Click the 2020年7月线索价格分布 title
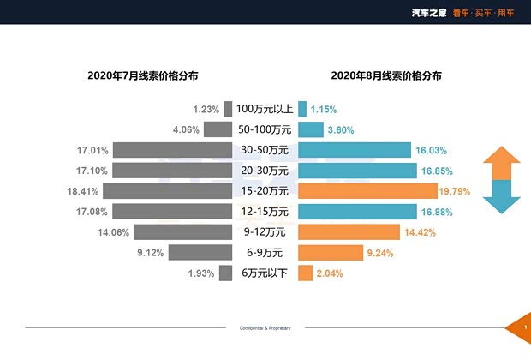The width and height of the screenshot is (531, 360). [142, 75]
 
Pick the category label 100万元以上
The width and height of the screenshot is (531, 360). [265, 109]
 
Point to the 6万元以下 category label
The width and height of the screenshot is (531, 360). [265, 273]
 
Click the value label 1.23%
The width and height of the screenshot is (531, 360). [206, 110]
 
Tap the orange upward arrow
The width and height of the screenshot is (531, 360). [501, 162]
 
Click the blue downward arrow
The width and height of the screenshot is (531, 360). [501, 199]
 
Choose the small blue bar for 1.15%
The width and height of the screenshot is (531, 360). [302, 109]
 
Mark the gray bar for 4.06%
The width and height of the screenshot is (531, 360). [218, 130]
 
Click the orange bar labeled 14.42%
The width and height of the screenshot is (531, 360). [349, 232]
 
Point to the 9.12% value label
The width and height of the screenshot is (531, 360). [151, 253]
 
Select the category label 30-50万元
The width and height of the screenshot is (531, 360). [265, 150]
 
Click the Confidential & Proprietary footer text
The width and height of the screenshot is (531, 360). [265, 328]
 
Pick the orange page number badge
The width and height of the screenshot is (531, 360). [523, 328]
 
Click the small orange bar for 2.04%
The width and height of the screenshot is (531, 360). [305, 273]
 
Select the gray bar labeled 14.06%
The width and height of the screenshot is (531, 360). [182, 232]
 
